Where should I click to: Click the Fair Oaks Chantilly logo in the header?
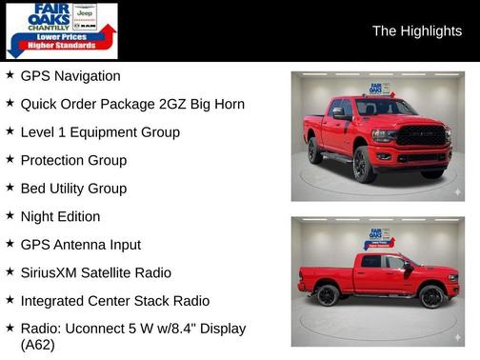click(x=62, y=30)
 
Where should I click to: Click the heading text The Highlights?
click(x=416, y=31)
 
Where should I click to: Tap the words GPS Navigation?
click(x=70, y=76)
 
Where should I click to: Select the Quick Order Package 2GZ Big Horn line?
click(x=132, y=104)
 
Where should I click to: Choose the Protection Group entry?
click(x=73, y=160)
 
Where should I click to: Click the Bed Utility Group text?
click(x=73, y=189)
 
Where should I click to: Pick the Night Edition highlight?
click(x=60, y=216)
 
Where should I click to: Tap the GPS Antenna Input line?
click(x=81, y=245)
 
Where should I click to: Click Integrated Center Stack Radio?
click(x=115, y=301)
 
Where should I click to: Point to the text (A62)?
click(x=38, y=345)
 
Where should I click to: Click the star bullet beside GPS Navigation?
click(x=10, y=75)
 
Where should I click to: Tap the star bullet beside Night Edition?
click(x=10, y=216)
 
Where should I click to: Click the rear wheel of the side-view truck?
click(x=328, y=295)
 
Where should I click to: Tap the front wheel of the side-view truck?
click(x=430, y=295)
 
